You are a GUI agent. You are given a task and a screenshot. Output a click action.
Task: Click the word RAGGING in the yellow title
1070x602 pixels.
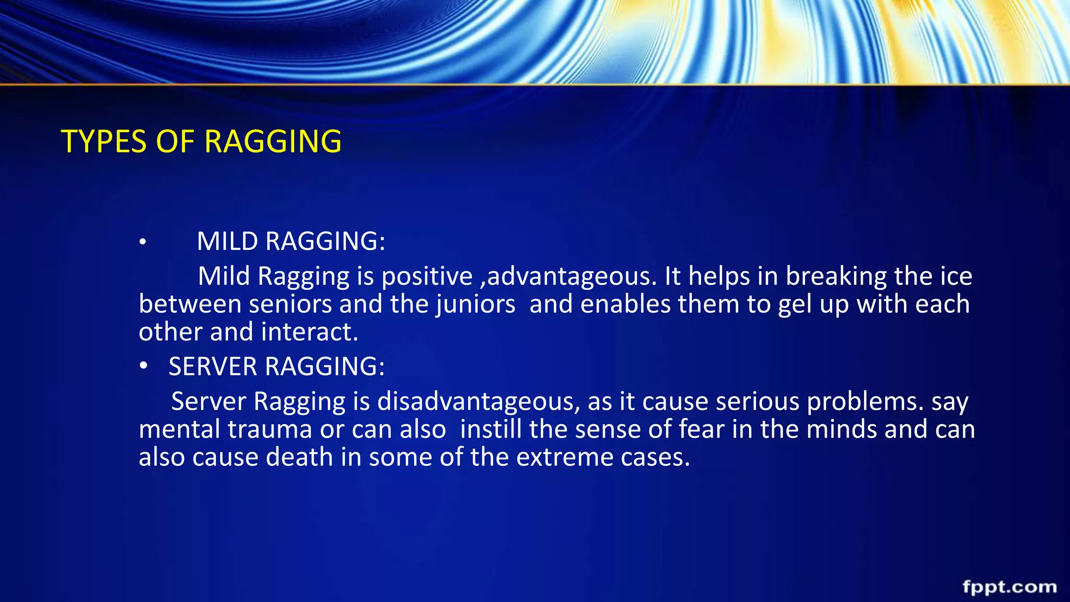273,142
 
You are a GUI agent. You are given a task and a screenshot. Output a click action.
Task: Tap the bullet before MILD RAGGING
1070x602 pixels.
143,242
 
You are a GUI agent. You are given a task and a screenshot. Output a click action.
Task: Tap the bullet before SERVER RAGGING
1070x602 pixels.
144,366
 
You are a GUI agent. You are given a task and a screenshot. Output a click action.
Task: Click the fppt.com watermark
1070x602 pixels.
1009,586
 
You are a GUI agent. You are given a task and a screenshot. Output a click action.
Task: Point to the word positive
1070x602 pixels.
427,276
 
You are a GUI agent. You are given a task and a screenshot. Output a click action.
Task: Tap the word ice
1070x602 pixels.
956,276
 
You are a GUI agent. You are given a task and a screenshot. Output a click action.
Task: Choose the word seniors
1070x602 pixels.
290,304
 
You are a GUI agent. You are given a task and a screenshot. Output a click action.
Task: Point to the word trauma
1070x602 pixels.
270,429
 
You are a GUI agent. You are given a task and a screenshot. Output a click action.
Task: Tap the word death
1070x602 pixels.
299,457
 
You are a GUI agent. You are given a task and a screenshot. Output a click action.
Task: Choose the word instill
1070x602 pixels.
491,429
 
